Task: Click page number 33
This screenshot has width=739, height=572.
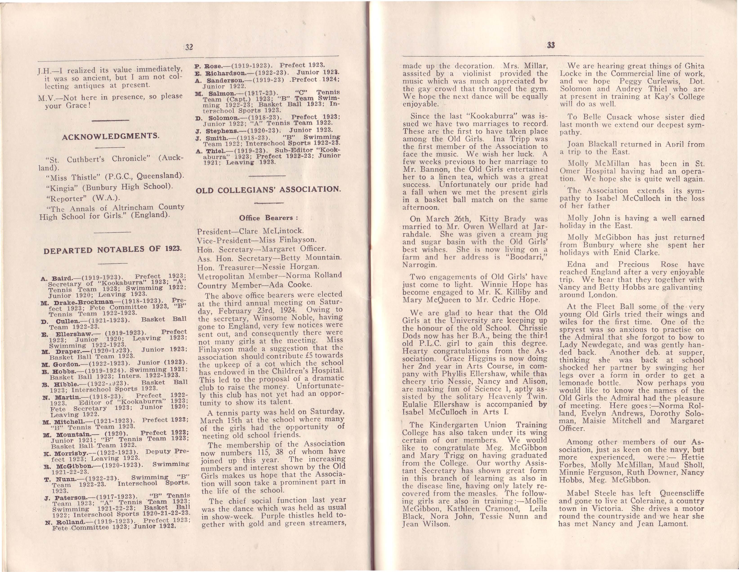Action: pyautogui.click(x=551, y=45)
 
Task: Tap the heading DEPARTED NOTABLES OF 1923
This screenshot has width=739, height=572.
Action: pyautogui.click(x=113, y=250)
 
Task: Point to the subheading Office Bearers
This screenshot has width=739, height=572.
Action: pyautogui.click(x=268, y=218)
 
